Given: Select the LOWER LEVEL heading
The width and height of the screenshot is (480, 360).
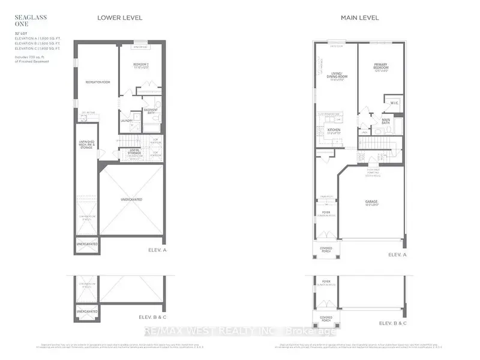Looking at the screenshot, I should tap(120, 17).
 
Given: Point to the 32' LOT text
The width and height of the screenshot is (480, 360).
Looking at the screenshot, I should tap(23, 32).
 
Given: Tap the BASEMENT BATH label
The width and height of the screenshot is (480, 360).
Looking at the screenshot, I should tap(151, 112).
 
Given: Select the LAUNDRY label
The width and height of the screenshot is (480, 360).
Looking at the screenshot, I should tap(126, 121).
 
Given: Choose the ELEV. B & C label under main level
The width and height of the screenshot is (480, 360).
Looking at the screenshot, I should tap(393, 323).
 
